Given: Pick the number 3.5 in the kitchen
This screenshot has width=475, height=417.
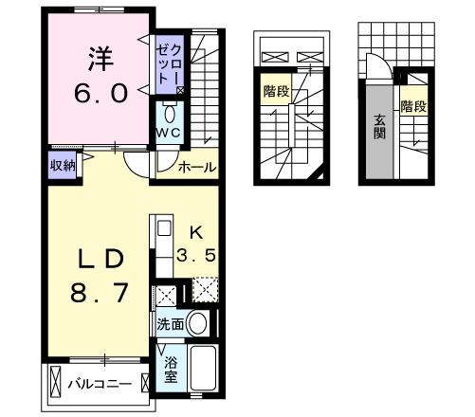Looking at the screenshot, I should (x=198, y=254).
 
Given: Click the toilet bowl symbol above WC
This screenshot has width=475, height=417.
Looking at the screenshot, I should (x=170, y=109).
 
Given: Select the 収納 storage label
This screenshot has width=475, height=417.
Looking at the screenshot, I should (x=64, y=163).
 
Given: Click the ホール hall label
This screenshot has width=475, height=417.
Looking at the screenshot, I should (x=196, y=168).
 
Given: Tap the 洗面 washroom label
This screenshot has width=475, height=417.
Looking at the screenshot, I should (x=172, y=323).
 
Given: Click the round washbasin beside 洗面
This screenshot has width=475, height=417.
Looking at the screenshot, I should (x=199, y=323).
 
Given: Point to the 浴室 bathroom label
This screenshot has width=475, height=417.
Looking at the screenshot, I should (x=172, y=369).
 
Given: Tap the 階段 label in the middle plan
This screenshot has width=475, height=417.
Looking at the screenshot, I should (x=276, y=93).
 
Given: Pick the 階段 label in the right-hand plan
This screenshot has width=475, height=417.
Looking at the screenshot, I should (x=413, y=106).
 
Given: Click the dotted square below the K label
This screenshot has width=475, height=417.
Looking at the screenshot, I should (x=206, y=288).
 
